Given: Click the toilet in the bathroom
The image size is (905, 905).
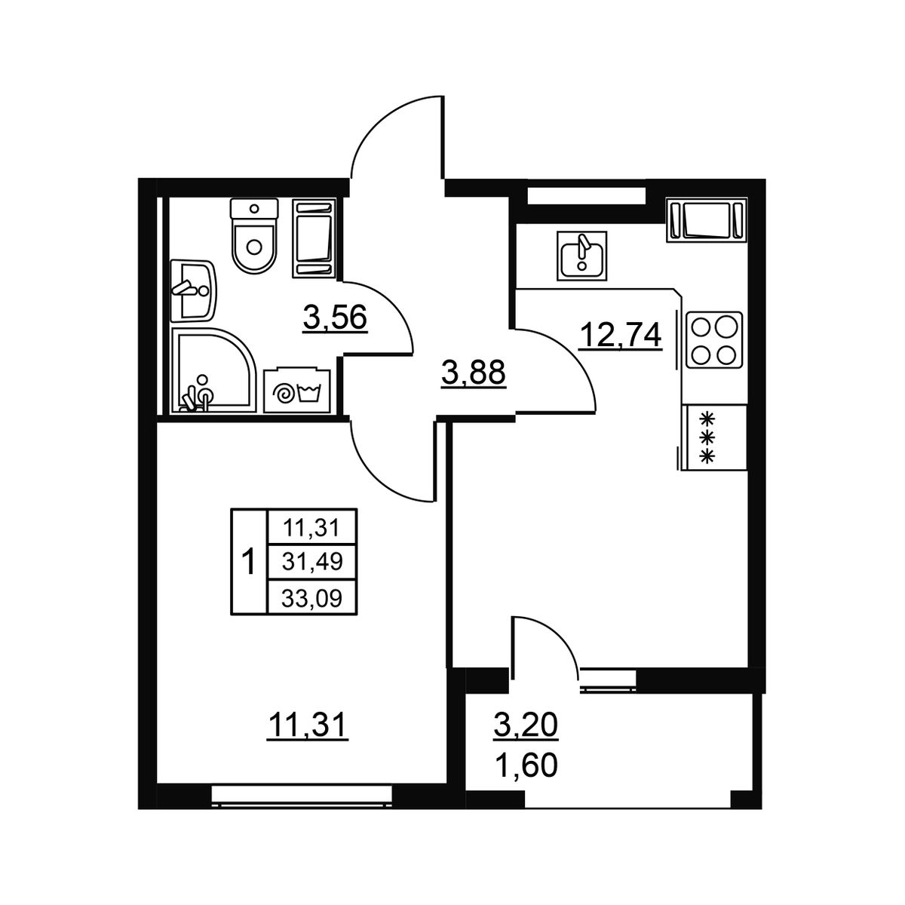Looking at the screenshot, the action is [254, 236].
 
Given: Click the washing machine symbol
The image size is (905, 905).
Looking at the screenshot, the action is [297, 391].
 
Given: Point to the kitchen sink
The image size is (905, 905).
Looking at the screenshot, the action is [582, 255].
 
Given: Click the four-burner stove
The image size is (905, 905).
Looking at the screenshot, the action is [714, 339].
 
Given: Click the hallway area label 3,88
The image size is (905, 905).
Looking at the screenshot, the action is [474, 373].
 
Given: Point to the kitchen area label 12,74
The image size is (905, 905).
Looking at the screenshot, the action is [621, 336].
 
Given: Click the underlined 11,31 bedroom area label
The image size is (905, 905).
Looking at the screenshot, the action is [307, 725].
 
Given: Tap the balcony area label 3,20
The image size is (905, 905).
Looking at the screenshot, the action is [526, 724].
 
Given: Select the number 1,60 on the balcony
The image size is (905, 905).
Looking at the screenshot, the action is [526, 765].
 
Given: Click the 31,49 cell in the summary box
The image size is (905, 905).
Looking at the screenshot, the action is [311, 561].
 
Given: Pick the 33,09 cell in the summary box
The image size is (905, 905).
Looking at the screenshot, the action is [311, 598].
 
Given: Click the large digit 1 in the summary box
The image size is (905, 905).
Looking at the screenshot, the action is [247, 562].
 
